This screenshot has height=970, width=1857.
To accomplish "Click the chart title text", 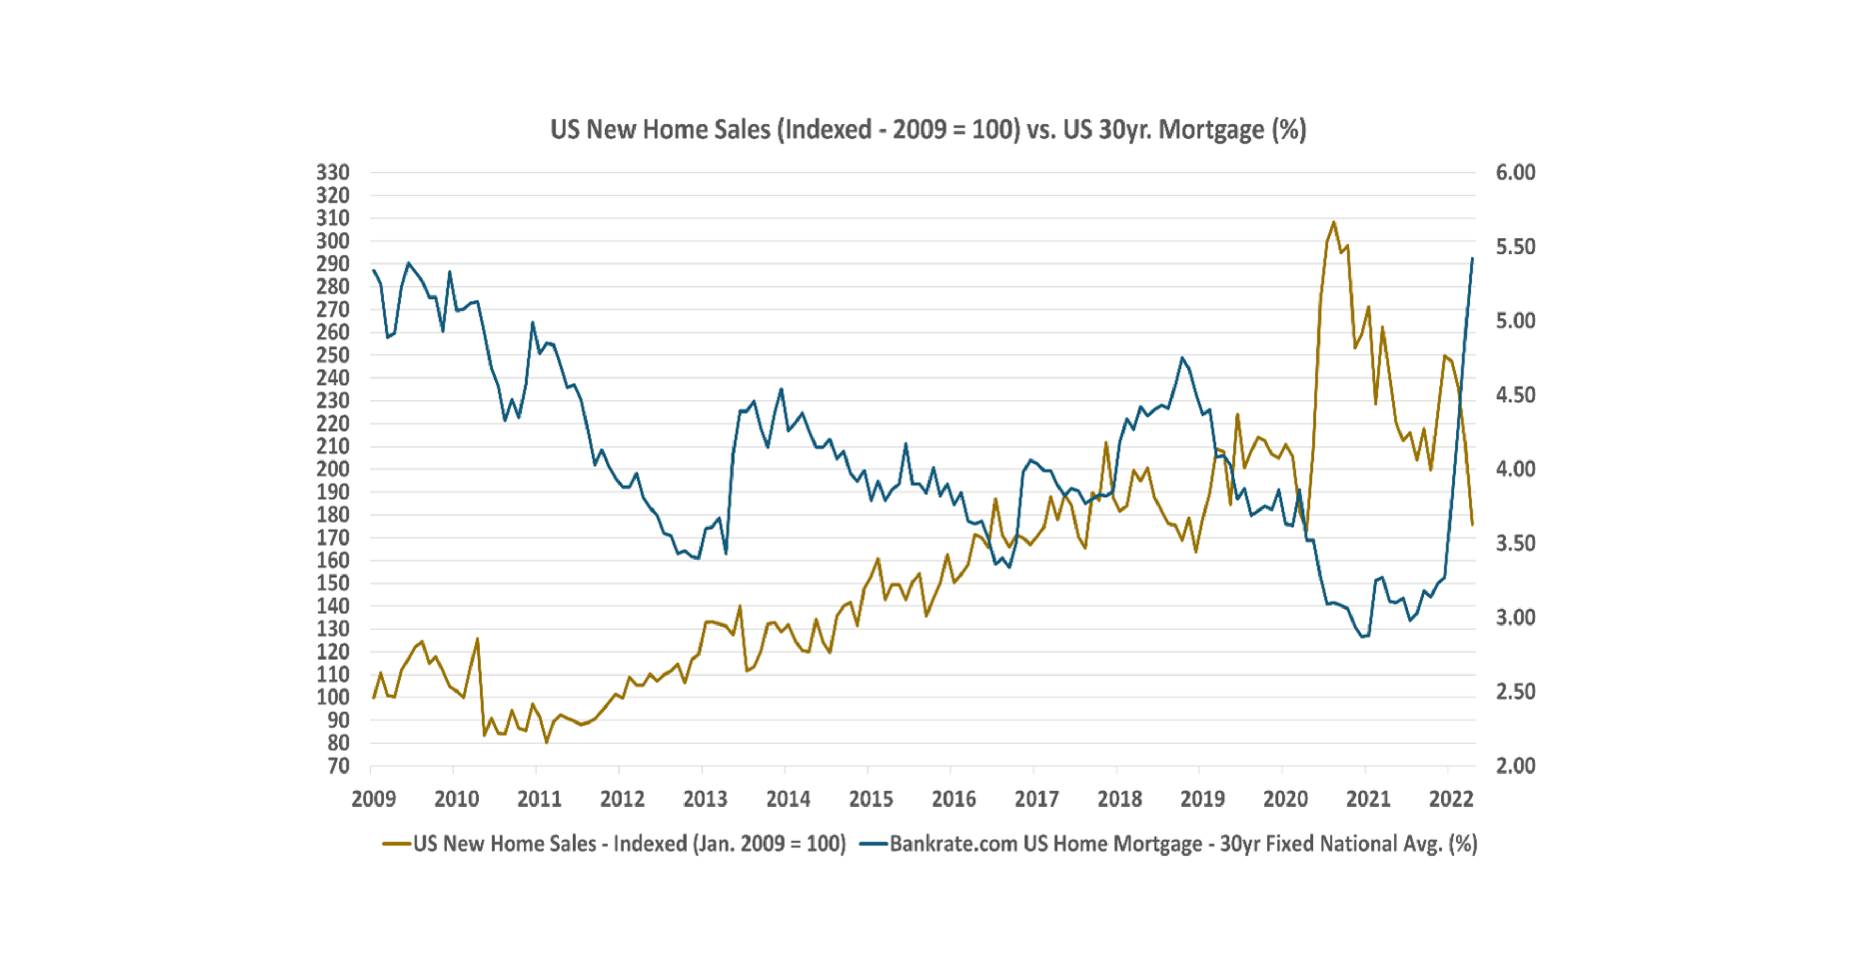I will pyautogui.click(x=928, y=130).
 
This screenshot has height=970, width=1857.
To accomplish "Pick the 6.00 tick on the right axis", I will pyautogui.click(x=1516, y=173).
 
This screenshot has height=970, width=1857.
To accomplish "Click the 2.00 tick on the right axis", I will pyautogui.click(x=1516, y=765).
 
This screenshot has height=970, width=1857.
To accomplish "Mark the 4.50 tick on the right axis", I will pyautogui.click(x=1516, y=395).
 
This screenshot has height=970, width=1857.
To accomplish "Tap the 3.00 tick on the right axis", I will pyautogui.click(x=1516, y=618).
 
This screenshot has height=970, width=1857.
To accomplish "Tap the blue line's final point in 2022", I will pyautogui.click(x=1472, y=258).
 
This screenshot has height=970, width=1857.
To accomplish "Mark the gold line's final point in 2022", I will pyautogui.click(x=1472, y=524).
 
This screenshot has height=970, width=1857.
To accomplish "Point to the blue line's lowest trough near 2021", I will pyautogui.click(x=1362, y=637).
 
